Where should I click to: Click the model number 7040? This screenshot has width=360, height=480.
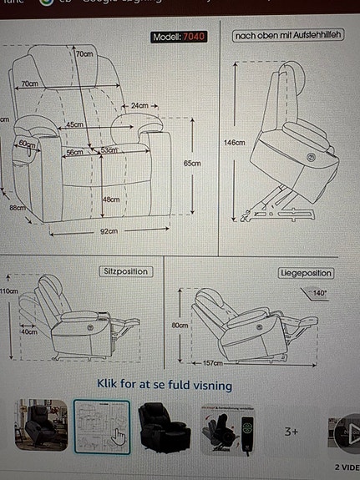[x=192, y=37]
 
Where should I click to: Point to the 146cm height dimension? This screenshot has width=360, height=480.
[x=235, y=143]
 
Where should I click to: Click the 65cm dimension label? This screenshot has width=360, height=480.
[x=192, y=164]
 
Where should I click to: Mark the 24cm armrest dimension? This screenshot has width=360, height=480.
[x=139, y=106]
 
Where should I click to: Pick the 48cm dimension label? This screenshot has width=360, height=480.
[x=110, y=200]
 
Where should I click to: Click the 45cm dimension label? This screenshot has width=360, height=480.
[x=75, y=124]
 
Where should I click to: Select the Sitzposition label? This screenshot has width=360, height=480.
[x=126, y=271]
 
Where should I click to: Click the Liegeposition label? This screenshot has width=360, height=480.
[x=306, y=273]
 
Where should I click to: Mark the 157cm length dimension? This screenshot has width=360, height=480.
[x=214, y=364]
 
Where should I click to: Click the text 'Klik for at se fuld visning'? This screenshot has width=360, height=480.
[x=164, y=386]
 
